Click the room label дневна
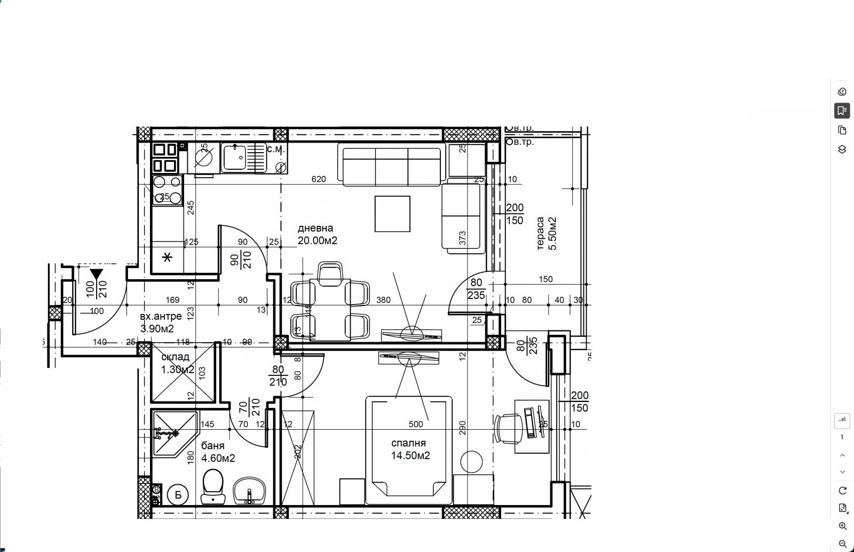click(x=315, y=228)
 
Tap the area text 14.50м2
click(x=410, y=455)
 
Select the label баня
click(x=213, y=445)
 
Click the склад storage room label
click(x=175, y=357)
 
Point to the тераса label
click(x=540, y=233)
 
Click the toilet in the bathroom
click(x=213, y=485)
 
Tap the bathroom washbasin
click(x=249, y=490)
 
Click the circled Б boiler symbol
click(x=178, y=495)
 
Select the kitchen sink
click(x=234, y=157)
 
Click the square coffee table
click(x=392, y=214)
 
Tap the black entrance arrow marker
click(x=96, y=275)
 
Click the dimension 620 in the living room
click(x=318, y=179)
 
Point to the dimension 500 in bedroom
click(x=415, y=424)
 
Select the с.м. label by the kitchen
click(x=276, y=151)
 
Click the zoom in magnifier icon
click(x=842, y=526)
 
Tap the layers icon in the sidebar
click(x=842, y=149)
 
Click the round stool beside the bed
click(x=471, y=461)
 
